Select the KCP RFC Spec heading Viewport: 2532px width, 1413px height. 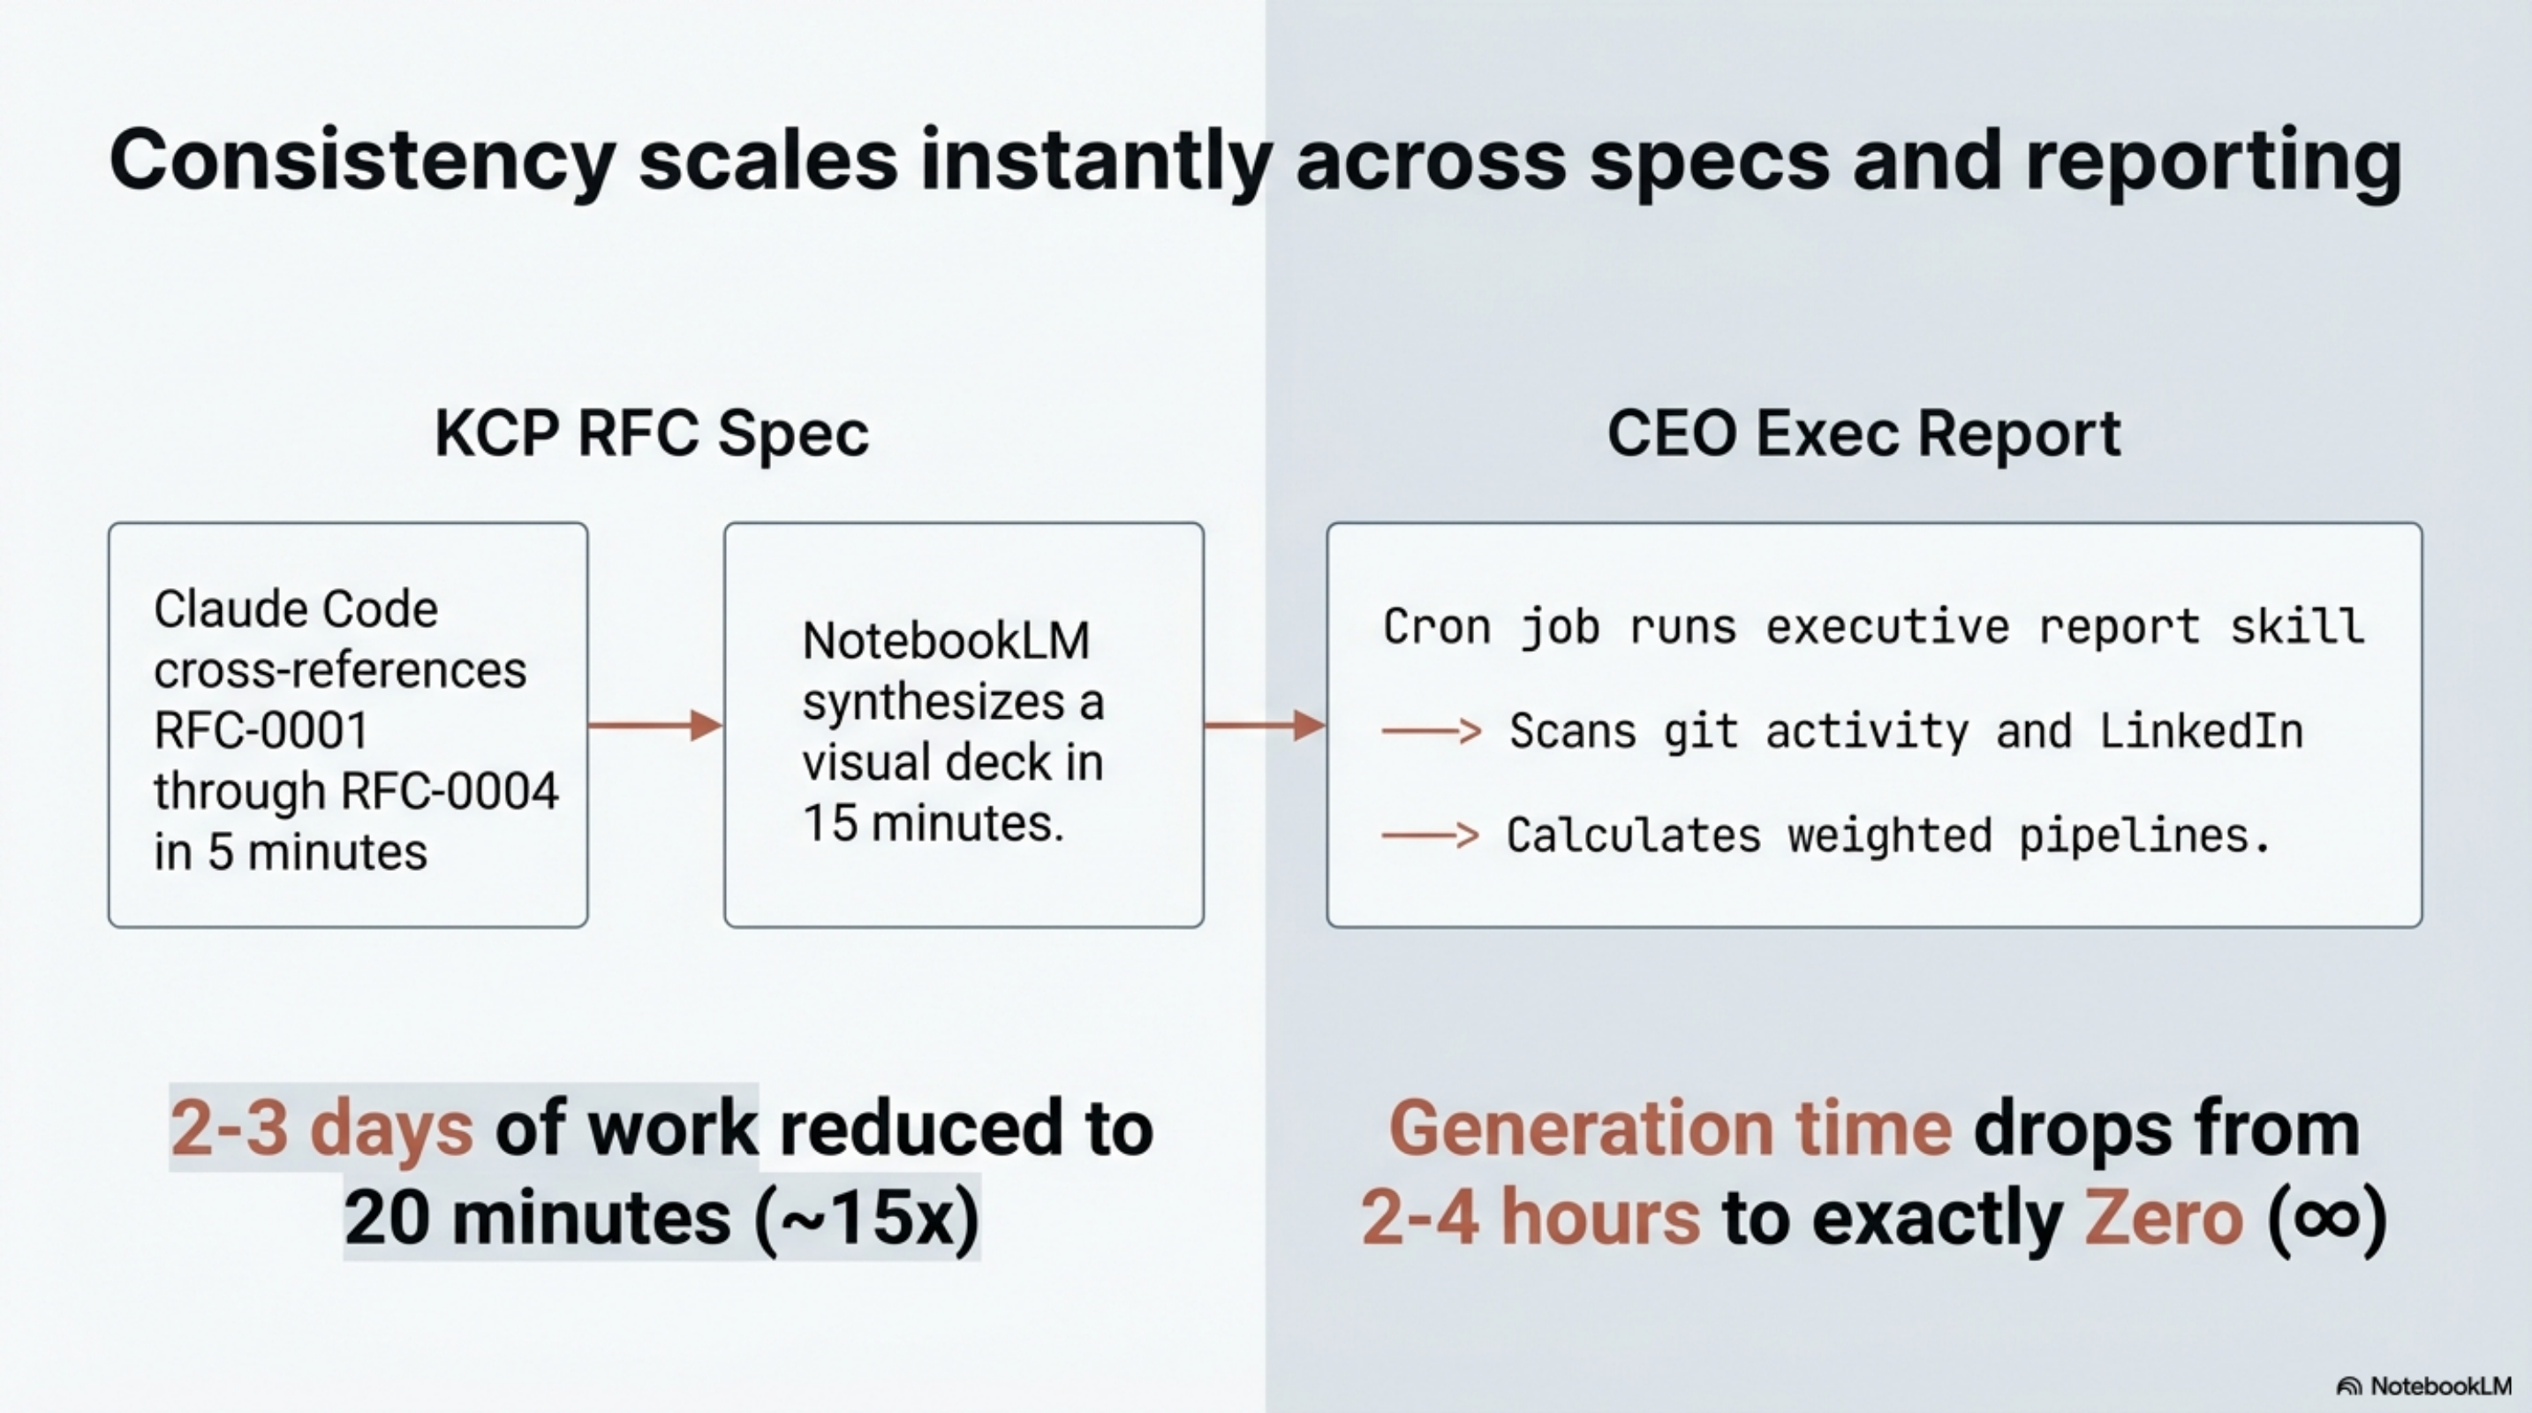click(652, 434)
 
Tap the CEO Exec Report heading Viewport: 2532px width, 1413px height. click(1863, 434)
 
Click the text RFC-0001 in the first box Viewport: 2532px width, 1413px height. click(261, 731)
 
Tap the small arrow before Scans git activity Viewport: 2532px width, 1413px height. click(1431, 731)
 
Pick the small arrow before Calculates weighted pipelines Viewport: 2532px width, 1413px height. click(1430, 835)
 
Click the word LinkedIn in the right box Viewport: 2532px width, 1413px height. click(2201, 731)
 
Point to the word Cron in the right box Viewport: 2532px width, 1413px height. click(1436, 627)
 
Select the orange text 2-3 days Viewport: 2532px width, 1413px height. click(321, 1128)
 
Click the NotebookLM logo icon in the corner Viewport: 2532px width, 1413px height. click(2349, 1387)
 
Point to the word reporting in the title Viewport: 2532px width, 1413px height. click(2213, 161)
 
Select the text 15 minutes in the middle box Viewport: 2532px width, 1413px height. click(933, 823)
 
